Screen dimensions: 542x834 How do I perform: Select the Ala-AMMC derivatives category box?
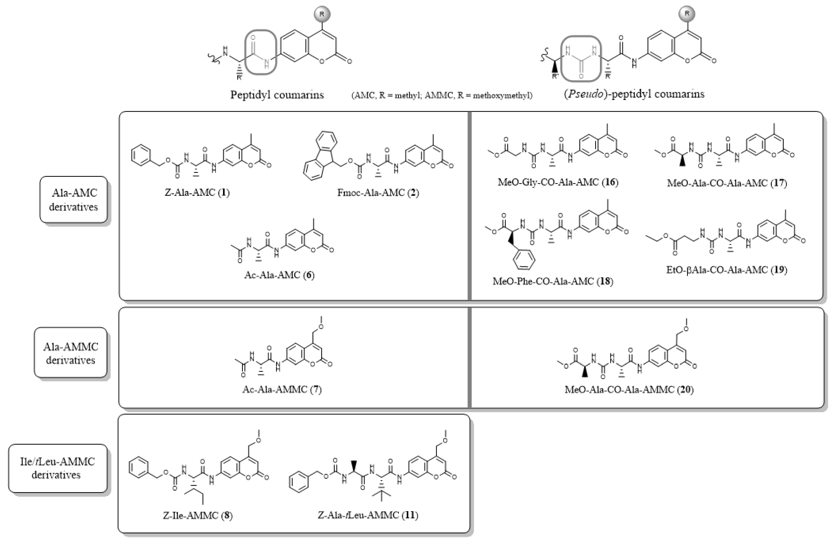coord(70,353)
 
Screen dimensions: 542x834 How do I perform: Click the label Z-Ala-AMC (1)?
coord(197,192)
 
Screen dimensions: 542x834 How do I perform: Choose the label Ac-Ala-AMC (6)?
coord(279,275)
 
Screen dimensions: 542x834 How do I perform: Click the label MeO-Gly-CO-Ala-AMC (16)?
coord(558,182)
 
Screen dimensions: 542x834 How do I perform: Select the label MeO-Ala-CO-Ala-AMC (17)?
coord(727,183)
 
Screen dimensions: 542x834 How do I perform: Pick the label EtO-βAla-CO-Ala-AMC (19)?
coord(727,270)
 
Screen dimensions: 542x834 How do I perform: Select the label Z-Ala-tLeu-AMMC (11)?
coord(368,515)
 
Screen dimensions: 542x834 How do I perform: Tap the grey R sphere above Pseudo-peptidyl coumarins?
coord(687,14)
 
